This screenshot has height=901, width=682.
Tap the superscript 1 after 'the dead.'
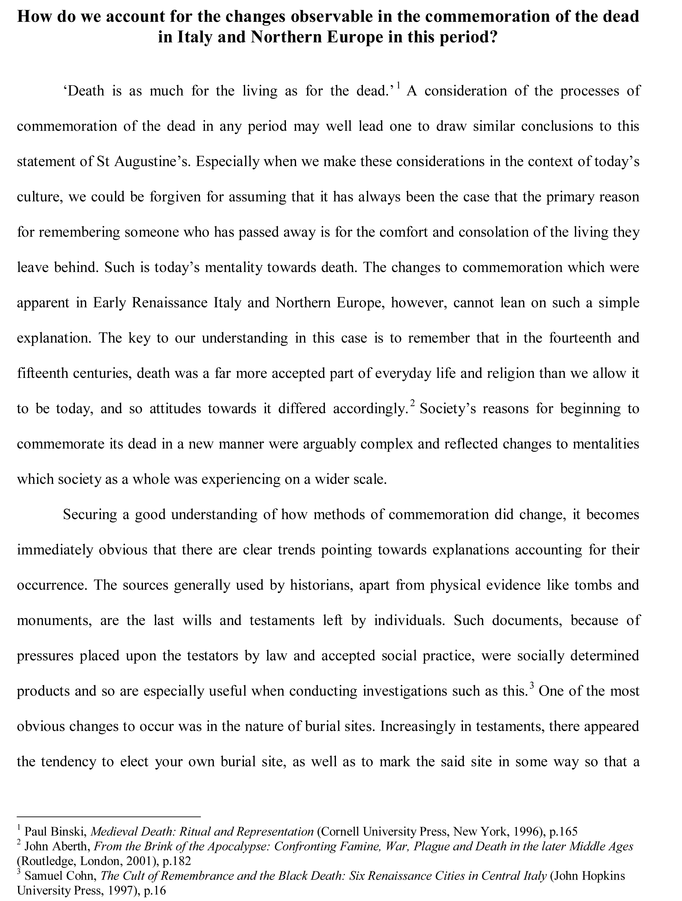point(399,86)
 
